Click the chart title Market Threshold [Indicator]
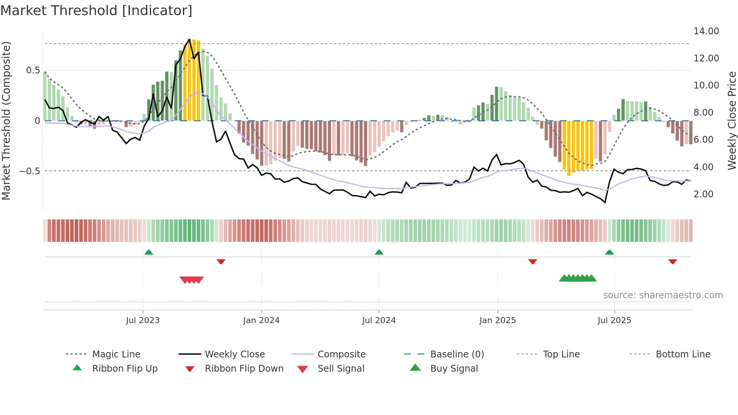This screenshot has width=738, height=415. [96, 11]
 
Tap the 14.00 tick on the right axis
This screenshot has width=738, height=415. [706, 31]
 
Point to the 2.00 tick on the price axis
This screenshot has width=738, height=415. [703, 194]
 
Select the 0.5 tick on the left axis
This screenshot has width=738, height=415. [33, 70]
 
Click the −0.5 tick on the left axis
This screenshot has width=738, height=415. [29, 171]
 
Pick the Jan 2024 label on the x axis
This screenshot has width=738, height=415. [261, 320]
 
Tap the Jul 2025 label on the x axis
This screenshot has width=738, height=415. [614, 320]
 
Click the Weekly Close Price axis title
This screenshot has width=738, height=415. [732, 121]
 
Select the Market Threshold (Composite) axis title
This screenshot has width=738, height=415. [6, 121]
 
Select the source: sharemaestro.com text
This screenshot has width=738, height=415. [663, 295]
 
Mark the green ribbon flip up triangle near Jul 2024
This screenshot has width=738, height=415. [379, 252]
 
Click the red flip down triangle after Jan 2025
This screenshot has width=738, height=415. [532, 261]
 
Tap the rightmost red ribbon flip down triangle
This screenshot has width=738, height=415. [672, 261]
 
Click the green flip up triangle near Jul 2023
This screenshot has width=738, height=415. [149, 252]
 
